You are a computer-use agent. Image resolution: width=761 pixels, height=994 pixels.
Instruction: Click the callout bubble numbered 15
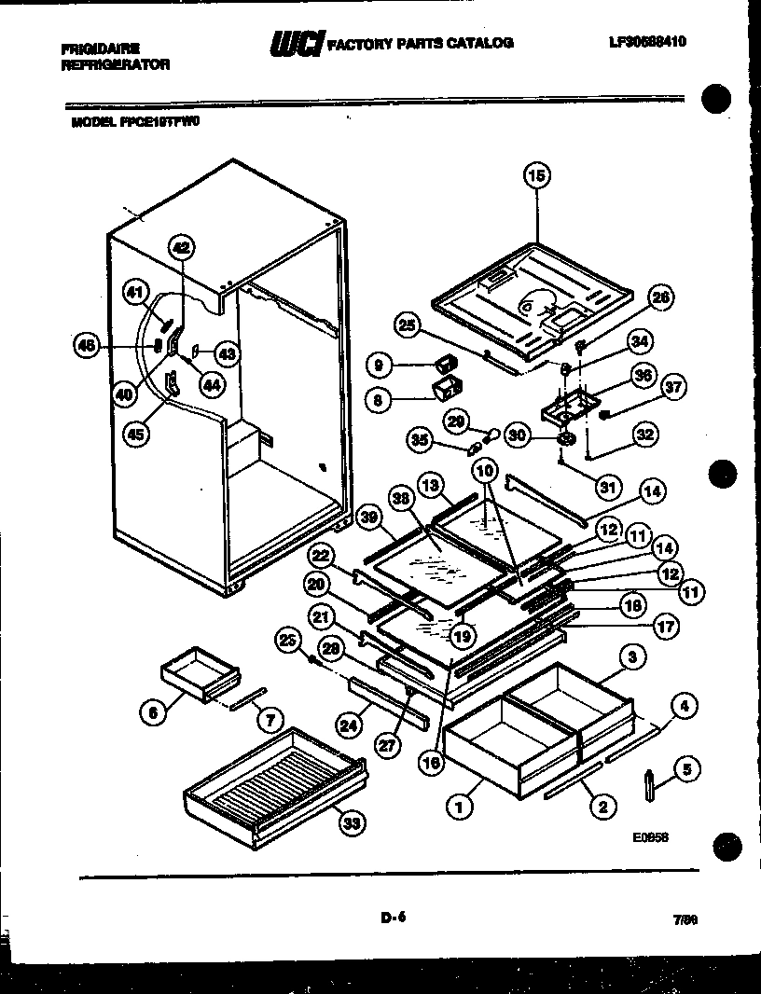pos(536,174)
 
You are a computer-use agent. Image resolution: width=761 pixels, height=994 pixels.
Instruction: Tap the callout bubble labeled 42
pos(181,247)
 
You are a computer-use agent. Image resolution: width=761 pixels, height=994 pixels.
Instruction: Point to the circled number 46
pos(87,345)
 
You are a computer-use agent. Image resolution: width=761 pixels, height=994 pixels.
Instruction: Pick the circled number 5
pos(687,770)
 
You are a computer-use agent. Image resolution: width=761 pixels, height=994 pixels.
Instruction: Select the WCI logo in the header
pos(296,44)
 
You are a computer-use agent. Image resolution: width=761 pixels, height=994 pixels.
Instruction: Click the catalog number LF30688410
pos(647,42)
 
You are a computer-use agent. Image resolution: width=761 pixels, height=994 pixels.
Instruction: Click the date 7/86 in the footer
pos(685,918)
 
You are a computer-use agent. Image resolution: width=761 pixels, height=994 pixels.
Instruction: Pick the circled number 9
pos(380,365)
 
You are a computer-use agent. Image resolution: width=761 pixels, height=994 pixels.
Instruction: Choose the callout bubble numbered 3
pos(633,657)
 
